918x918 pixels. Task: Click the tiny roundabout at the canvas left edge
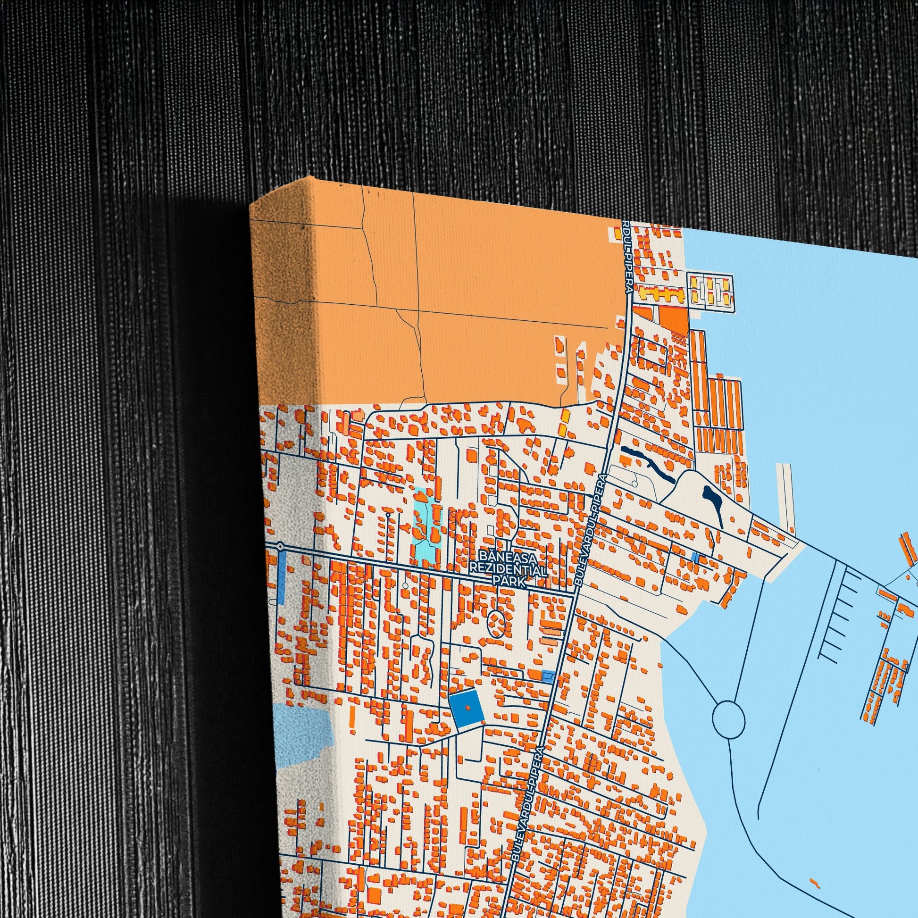(x=281, y=547)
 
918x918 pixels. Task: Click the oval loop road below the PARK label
(x=497, y=620)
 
